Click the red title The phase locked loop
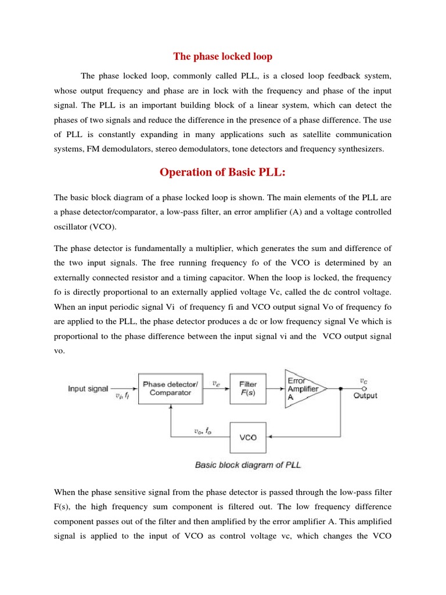coord(223,56)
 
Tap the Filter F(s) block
coord(248,388)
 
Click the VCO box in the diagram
coord(248,437)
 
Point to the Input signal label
coord(88,388)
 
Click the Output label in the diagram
coord(365,396)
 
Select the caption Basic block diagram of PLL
coord(248,465)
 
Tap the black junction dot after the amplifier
coord(340,388)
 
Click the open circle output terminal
coord(364,388)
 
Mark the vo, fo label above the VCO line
coord(202,431)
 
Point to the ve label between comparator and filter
coord(216,382)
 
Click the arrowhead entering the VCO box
coord(269,437)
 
